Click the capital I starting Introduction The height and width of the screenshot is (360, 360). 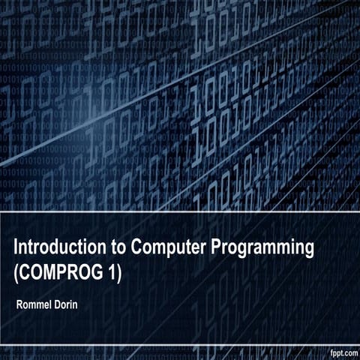pyautogui.click(x=17, y=248)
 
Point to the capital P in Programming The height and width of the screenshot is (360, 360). pyautogui.click(x=215, y=248)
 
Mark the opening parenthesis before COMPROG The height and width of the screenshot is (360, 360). pyautogui.click(x=17, y=271)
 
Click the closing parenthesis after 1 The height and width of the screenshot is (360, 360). pyautogui.click(x=118, y=271)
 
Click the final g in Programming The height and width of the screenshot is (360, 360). pyautogui.click(x=307, y=250)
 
